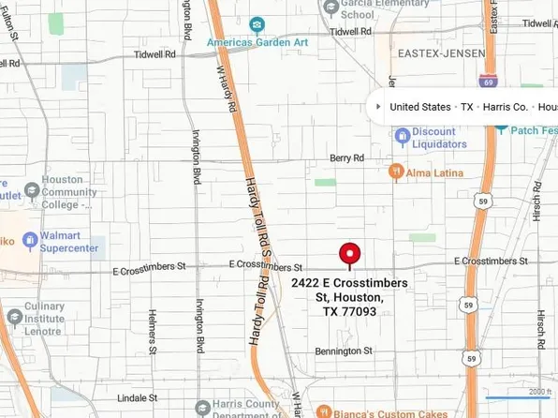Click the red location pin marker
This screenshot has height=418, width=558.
click(x=350, y=254)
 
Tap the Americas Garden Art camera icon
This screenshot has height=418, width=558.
click(x=256, y=25)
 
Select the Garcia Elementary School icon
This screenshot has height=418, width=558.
click(x=330, y=8)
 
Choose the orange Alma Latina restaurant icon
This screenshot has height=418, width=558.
click(x=397, y=172)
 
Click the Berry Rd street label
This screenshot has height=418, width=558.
click(x=346, y=158)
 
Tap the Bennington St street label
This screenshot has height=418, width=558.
click(x=345, y=351)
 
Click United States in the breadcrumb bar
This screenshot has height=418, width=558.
click(x=420, y=107)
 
